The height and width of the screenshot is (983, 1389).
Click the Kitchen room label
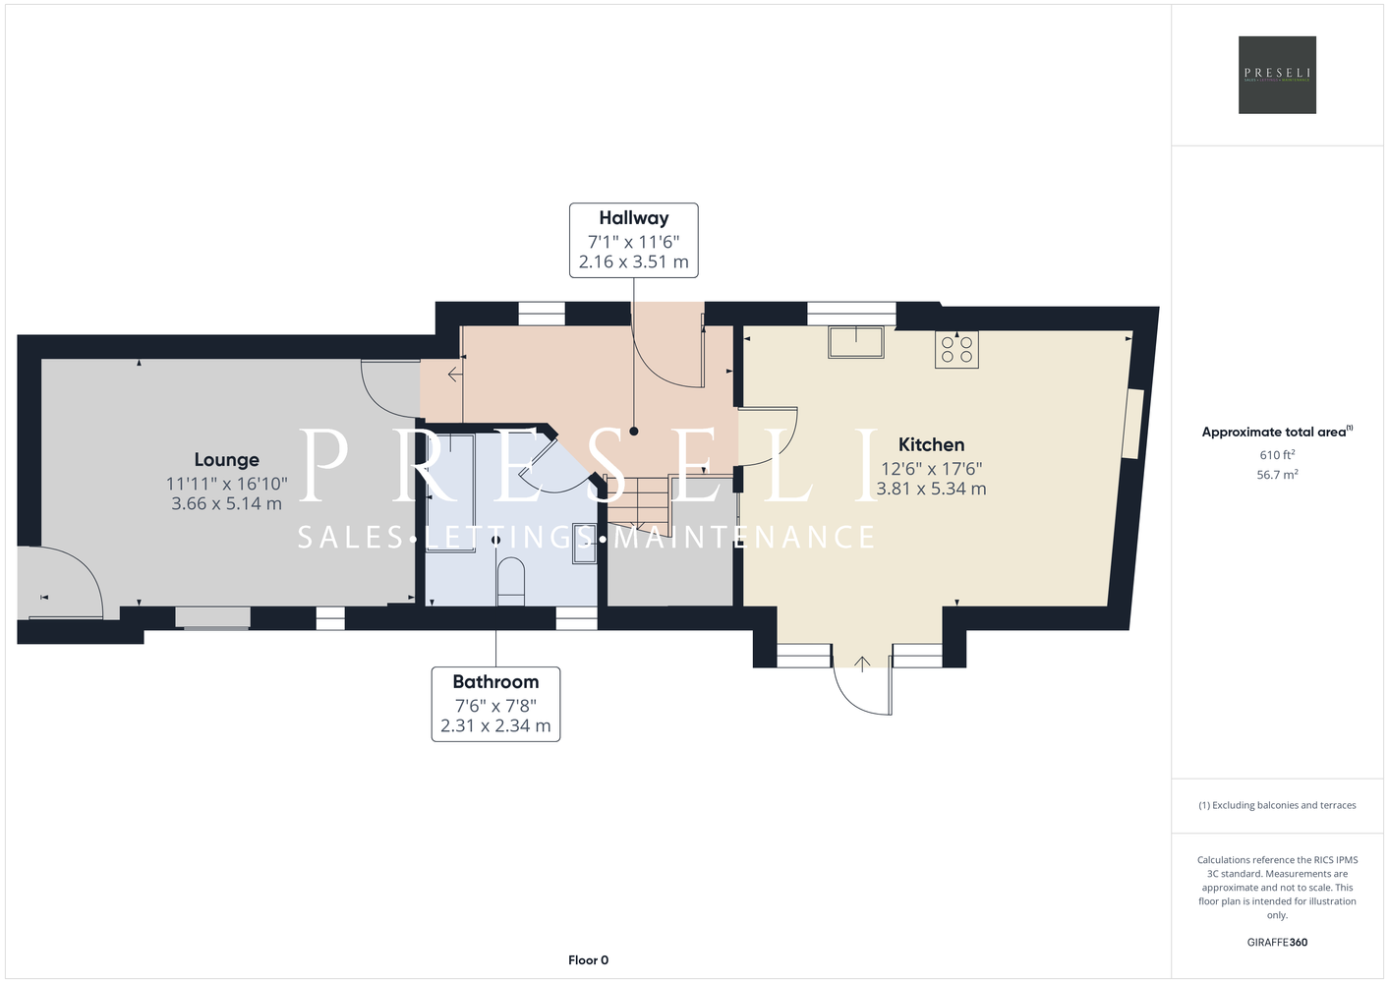pyautogui.click(x=931, y=444)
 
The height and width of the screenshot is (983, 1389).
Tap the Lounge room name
pyautogui.click(x=226, y=460)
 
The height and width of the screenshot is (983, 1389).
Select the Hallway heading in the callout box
pyautogui.click(x=634, y=218)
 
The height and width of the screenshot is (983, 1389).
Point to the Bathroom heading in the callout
pyautogui.click(x=495, y=682)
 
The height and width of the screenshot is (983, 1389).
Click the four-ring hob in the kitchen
pyautogui.click(x=956, y=350)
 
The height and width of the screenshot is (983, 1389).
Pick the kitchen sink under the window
pyautogui.click(x=856, y=342)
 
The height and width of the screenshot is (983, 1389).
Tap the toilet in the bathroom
pyautogui.click(x=511, y=582)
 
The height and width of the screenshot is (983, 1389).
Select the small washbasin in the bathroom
pyautogui.click(x=584, y=544)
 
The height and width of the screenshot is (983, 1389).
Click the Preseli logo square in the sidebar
pyautogui.click(x=1277, y=75)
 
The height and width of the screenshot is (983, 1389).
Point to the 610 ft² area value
pyautogui.click(x=1277, y=454)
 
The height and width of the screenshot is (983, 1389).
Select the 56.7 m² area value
pyautogui.click(x=1277, y=475)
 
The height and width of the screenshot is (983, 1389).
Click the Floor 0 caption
pyautogui.click(x=589, y=960)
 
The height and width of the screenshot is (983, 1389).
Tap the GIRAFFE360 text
pyautogui.click(x=1277, y=942)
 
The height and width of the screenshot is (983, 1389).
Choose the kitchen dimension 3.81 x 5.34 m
pyautogui.click(x=931, y=489)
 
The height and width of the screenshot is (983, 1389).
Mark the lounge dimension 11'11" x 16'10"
pyautogui.click(x=226, y=484)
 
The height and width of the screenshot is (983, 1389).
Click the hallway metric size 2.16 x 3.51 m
pyautogui.click(x=634, y=261)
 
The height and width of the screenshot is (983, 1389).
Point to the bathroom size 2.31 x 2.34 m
pyautogui.click(x=495, y=725)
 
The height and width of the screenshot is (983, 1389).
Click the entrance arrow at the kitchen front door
pyautogui.click(x=862, y=665)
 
